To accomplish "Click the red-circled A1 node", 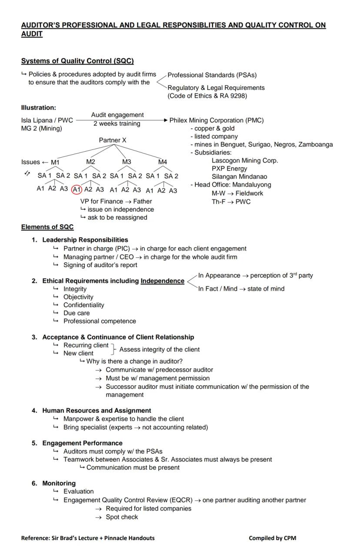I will [x=77, y=189].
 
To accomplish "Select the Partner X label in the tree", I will [x=113, y=140].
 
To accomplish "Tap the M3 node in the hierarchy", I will [x=127, y=162].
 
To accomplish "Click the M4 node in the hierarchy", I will [x=162, y=162].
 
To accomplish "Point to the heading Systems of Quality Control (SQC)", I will [x=77, y=61].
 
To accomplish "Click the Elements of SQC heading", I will [x=47, y=227].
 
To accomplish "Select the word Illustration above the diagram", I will [x=38, y=107].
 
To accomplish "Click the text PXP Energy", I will [x=229, y=169].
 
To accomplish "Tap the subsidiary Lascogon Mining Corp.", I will [x=245, y=160].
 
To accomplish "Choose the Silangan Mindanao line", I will [x=239, y=177].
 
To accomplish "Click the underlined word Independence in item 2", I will [x=162, y=281].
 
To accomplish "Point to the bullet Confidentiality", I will [x=83, y=305].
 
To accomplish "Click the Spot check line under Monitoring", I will [x=122, y=517].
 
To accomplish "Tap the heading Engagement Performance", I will [x=82, y=443].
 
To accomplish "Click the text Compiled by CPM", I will [x=272, y=538].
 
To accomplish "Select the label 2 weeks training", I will [x=117, y=123].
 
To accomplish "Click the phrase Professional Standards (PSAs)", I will [x=212, y=75].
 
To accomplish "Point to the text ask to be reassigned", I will [x=117, y=217].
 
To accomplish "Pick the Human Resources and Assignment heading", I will [x=97, y=411].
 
